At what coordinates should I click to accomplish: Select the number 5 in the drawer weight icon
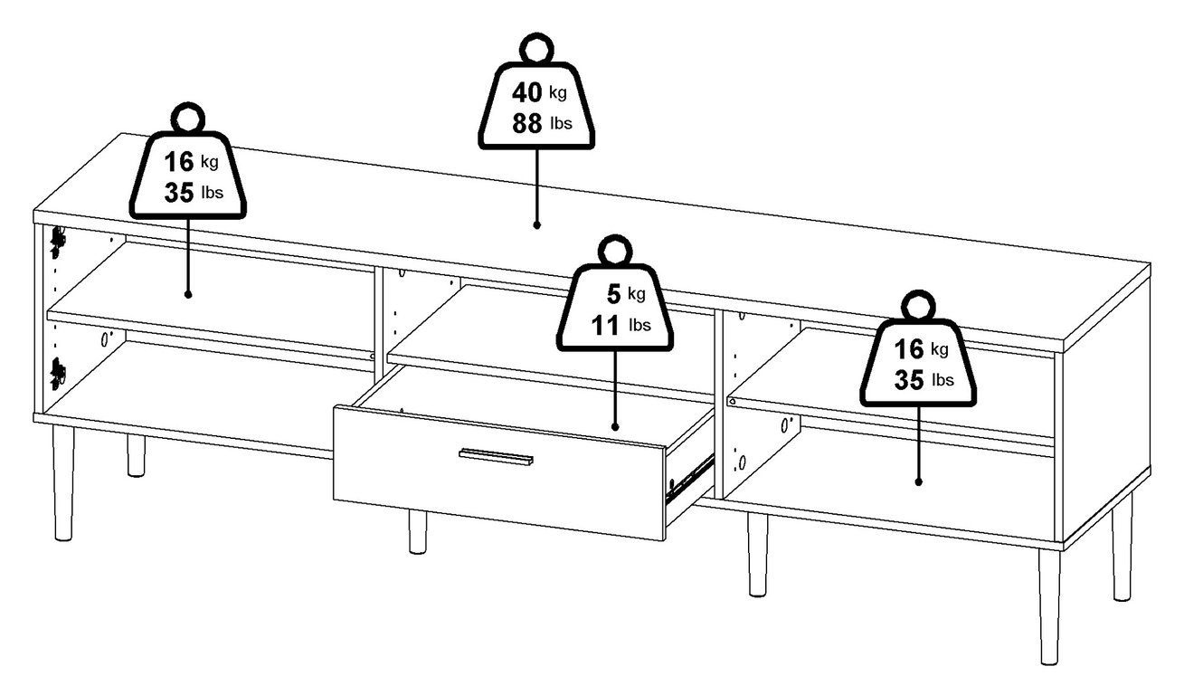615,293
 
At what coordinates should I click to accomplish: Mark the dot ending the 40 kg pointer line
536,224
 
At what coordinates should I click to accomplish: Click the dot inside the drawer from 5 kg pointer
615,426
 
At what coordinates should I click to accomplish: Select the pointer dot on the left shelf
188,293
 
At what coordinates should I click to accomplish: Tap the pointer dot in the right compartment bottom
919,481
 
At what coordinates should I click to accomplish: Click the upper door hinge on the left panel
59,239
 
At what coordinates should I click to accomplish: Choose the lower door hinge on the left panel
59,372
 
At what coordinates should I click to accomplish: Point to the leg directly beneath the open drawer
417,531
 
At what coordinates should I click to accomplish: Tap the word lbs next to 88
561,124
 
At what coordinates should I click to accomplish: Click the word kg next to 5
638,293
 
